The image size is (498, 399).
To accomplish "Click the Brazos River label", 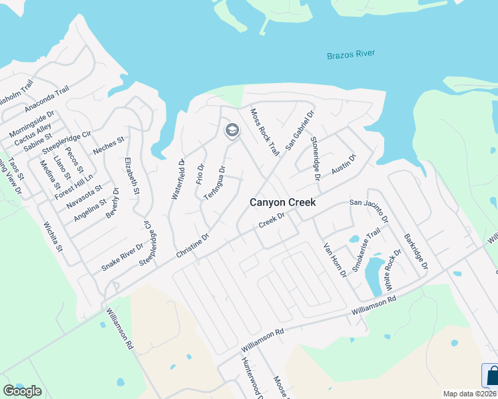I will pyautogui.click(x=351, y=55).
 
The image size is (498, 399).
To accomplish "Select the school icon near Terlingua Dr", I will pyautogui.click(x=232, y=130).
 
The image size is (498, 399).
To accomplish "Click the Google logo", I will pyautogui.click(x=22, y=391).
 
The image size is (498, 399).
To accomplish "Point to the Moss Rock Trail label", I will pyautogui.click(x=264, y=132).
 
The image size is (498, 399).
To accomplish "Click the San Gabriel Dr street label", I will pyautogui.click(x=299, y=130).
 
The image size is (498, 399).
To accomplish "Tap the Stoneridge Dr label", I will pyautogui.click(x=316, y=159).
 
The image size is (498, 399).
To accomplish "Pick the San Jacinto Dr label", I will pyautogui.click(x=370, y=209).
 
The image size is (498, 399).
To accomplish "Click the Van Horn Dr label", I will pyautogui.click(x=335, y=259).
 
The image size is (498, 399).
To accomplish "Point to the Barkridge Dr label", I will pyautogui.click(x=413, y=252).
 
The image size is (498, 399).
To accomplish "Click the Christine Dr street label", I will pyautogui.click(x=193, y=245).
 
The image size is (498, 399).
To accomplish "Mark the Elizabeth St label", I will pyautogui.click(x=131, y=176).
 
